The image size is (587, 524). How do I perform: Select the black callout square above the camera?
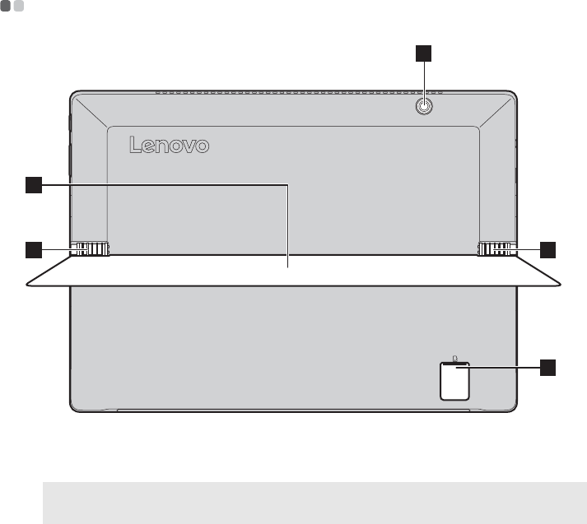coord(423,54)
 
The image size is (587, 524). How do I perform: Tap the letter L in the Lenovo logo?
coord(136,146)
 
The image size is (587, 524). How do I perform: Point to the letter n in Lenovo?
coord(168,148)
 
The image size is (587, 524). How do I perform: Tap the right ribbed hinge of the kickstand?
coord(496,248)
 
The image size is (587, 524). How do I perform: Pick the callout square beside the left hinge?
coord(33,248)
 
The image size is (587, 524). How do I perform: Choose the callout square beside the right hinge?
coord(547,248)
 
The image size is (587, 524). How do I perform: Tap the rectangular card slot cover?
coord(454,381)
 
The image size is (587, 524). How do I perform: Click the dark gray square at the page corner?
coord(7,7)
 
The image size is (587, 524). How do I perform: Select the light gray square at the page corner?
coord(19,7)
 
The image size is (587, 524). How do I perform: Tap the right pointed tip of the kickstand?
coord(564,285)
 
